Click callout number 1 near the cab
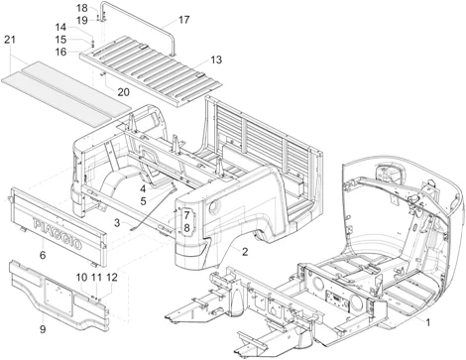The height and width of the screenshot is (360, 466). tap(427, 323)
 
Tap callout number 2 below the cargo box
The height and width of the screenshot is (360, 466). tap(244, 280)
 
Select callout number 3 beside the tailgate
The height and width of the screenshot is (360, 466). tap(117, 224)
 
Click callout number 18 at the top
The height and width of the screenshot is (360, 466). tap(82, 8)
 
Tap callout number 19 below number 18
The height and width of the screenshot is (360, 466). tap(82, 19)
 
